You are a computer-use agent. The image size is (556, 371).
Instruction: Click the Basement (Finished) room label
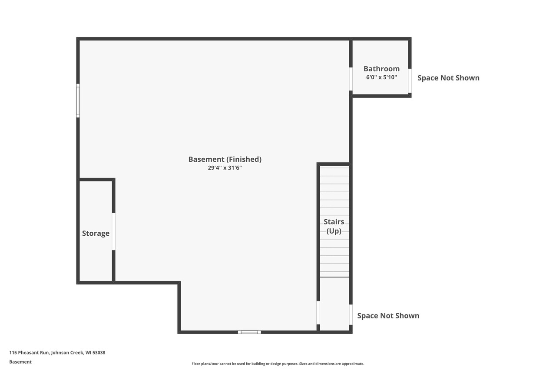(225, 159)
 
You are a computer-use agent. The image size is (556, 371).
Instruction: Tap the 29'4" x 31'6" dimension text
(225, 168)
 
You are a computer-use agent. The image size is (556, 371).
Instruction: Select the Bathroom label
(381, 69)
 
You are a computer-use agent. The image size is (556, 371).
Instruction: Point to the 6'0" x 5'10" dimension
(381, 77)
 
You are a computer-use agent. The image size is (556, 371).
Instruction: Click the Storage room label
(96, 233)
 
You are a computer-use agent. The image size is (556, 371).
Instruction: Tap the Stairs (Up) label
(334, 226)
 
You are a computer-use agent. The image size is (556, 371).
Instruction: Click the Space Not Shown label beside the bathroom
(448, 78)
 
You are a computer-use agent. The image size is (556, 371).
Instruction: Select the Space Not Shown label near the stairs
(388, 316)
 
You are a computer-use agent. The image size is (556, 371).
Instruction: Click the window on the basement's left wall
(78, 100)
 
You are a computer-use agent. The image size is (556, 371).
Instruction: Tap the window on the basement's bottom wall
(249, 332)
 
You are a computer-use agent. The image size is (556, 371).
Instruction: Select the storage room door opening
(113, 231)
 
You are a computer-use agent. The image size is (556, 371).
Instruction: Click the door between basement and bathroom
(351, 79)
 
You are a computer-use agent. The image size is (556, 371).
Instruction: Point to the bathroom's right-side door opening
(410, 80)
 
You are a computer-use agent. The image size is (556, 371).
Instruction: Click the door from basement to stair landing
(318, 312)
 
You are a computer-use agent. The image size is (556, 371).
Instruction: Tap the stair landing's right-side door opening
(351, 314)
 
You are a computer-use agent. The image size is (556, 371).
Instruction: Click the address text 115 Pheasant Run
(57, 353)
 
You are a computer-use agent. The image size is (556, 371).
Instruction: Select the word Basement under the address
(20, 362)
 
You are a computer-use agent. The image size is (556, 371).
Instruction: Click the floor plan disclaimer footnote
(278, 364)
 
